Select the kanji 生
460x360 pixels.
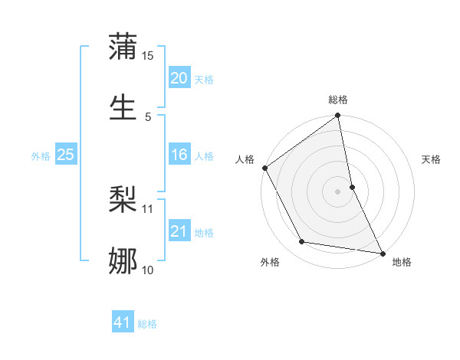pos(123,105)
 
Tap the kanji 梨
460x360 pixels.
pos(123,201)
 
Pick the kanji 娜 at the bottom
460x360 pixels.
pos(123,260)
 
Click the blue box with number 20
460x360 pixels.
pos(179,78)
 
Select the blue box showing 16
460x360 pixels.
pos(179,155)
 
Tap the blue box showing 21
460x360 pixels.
pos(179,231)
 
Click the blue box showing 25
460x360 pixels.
pos(65,155)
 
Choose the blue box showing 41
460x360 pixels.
pos(123,322)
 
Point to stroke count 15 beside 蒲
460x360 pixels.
pos(148,56)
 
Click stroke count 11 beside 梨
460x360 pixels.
pos(148,208)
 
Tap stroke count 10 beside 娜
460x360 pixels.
pos(148,270)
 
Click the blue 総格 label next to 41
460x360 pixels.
pos(147,324)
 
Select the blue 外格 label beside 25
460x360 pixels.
pos(41,156)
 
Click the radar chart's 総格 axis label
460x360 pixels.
pos(338,100)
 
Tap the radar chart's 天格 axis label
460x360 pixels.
pos(432,159)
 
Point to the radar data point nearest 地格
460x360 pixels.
pos(382,253)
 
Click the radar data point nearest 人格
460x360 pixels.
pos(264,168)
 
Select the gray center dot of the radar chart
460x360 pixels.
pos(338,191)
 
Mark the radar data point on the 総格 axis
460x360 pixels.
pos(338,116)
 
